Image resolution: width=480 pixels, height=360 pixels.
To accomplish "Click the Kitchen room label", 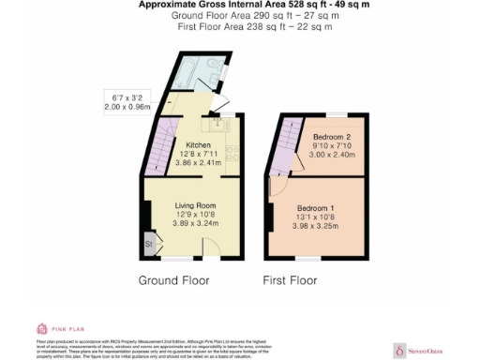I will pyautogui.click(x=197, y=145).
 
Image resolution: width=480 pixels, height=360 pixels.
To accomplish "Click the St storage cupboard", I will pyautogui.click(x=149, y=245).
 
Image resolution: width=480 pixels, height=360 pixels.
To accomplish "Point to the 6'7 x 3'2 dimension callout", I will pyautogui.click(x=127, y=100).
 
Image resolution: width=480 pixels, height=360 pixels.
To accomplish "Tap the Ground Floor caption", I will pyautogui.click(x=173, y=280).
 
